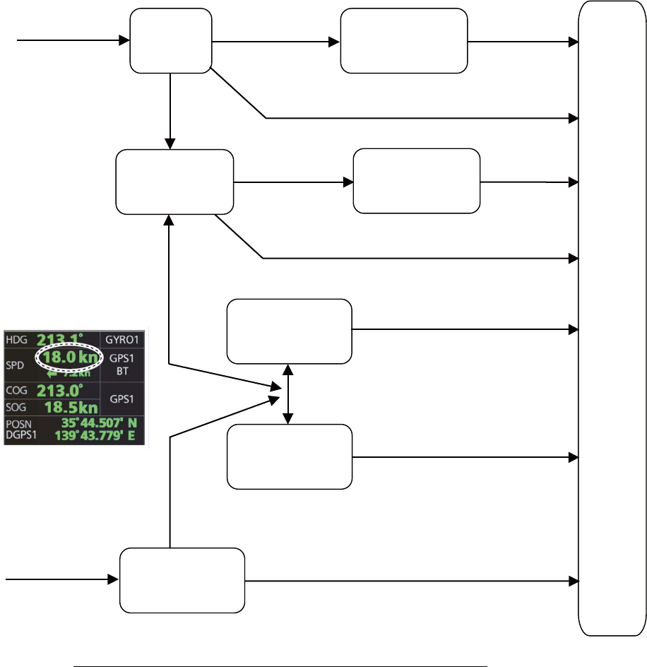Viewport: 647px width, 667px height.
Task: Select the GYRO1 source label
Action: tap(122, 340)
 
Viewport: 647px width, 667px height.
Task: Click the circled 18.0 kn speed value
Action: tap(69, 358)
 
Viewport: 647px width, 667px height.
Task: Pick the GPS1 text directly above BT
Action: tap(122, 358)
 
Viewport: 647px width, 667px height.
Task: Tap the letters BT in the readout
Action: tap(122, 369)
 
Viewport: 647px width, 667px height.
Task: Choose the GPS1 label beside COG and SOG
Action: tap(122, 399)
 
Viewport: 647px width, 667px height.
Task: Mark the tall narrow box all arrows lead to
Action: tap(611, 318)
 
